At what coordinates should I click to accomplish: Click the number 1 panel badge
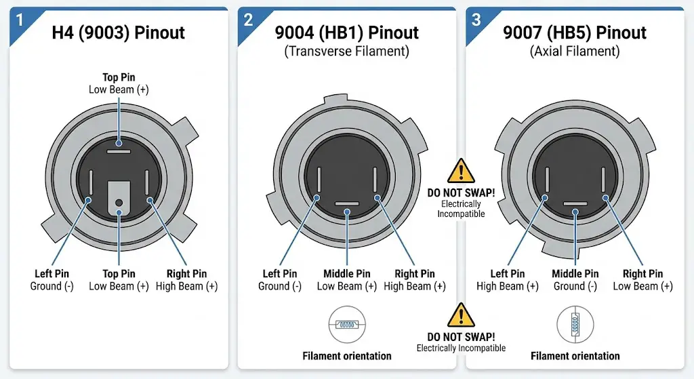click(x=19, y=20)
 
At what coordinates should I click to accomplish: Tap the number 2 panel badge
click(x=248, y=20)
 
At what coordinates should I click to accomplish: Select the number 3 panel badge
click(x=476, y=20)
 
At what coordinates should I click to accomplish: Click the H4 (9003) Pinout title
click(x=118, y=33)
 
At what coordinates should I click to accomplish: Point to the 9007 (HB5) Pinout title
click(x=575, y=33)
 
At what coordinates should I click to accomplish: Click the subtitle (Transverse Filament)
click(x=346, y=52)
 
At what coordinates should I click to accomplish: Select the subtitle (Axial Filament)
click(x=575, y=52)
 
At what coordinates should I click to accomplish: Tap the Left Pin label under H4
click(x=52, y=274)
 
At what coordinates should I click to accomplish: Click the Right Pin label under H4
click(x=186, y=274)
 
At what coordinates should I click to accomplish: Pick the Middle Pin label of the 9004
click(x=346, y=274)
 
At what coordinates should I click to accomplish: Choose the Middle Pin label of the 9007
click(x=575, y=274)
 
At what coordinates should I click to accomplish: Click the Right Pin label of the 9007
click(x=642, y=274)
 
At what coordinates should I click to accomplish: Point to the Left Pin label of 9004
click(x=280, y=274)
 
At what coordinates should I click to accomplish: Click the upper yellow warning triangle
click(x=461, y=172)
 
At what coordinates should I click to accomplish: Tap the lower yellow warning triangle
click(x=461, y=315)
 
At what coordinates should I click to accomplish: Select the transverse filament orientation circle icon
click(x=347, y=325)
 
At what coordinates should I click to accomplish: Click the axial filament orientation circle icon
click(x=575, y=325)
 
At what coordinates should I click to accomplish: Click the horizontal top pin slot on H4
click(x=119, y=152)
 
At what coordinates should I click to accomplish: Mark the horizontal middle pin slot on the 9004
click(x=347, y=203)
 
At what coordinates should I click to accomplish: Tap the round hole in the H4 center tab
click(x=119, y=203)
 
